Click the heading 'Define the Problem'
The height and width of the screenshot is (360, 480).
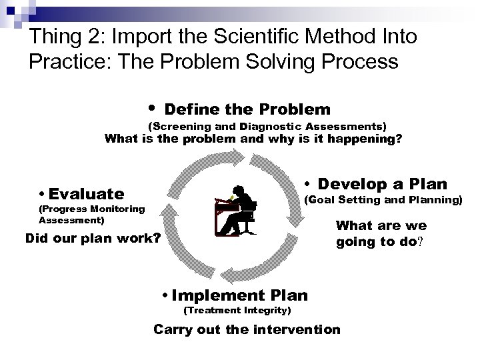click(247, 109)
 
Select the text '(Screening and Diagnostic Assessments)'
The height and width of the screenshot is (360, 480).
click(266, 125)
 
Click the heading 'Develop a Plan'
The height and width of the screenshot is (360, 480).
click(382, 183)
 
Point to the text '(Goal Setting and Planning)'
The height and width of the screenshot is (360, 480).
click(383, 199)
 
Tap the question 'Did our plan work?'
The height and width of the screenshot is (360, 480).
click(92, 238)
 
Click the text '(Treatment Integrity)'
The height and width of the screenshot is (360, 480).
click(237, 311)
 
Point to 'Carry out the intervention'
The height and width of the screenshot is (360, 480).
click(247, 329)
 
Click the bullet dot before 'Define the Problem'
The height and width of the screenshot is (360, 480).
click(153, 107)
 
